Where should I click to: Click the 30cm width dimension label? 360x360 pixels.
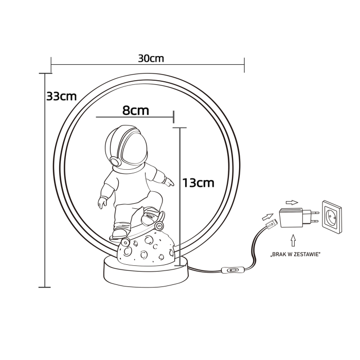[151, 58]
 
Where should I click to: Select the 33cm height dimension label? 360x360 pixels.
[61, 96]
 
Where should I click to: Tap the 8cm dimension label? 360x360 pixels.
[135, 110]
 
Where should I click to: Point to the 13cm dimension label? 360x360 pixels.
[197, 182]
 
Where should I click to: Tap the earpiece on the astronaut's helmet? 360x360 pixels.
[115, 160]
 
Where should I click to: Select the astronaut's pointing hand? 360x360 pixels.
[168, 181]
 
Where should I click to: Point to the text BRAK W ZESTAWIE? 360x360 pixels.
[295, 255]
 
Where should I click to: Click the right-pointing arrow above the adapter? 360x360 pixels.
[292, 202]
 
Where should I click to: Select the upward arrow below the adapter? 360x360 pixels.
[293, 240]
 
